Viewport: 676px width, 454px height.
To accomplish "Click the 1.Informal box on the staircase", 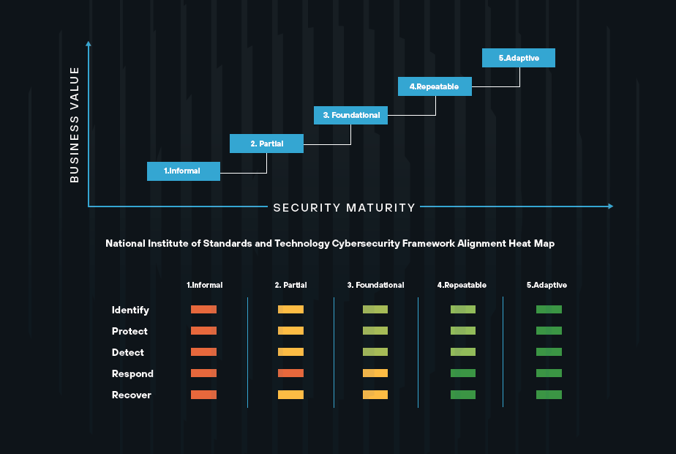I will [184, 171].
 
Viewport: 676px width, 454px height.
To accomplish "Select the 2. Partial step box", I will [266, 144].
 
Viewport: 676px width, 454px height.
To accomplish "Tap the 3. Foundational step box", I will [351, 115].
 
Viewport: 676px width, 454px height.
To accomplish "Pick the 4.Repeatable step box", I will [435, 86].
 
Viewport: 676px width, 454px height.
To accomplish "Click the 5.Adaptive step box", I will [519, 58].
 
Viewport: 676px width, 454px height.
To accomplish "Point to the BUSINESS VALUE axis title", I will [74, 124].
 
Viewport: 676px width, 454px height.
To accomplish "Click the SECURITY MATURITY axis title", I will [345, 207].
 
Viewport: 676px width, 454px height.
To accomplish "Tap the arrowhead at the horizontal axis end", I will [610, 206].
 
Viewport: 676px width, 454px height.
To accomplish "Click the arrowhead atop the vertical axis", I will [89, 44].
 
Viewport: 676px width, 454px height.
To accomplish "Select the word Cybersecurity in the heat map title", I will [366, 243].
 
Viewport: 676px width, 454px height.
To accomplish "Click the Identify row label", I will [130, 310].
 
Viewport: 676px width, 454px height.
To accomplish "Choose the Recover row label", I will [132, 395].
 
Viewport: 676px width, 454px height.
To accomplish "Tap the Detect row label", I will [128, 352].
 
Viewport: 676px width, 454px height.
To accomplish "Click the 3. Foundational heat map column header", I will [375, 285].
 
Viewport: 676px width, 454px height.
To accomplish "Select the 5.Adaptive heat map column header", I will [547, 285].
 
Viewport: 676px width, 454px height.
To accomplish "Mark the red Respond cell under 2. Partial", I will [290, 373].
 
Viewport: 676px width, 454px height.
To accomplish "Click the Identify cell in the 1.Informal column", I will [203, 310].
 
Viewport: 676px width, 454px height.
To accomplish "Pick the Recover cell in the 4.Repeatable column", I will [463, 395].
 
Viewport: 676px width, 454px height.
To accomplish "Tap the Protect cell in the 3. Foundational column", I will [375, 331].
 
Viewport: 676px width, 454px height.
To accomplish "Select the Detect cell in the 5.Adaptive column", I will [549, 352].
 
